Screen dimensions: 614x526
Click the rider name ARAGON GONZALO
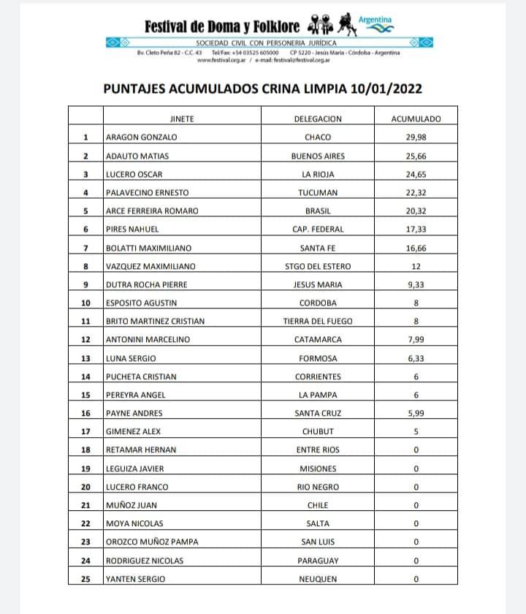(x=141, y=137)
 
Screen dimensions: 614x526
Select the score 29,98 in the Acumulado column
(x=415, y=137)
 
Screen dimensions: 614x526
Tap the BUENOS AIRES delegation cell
(x=317, y=156)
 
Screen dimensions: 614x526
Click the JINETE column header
(x=181, y=118)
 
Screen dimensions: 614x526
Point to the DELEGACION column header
(x=317, y=118)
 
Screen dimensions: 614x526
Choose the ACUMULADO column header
(x=415, y=118)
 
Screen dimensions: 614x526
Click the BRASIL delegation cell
(x=317, y=211)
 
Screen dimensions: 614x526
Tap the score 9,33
(x=415, y=284)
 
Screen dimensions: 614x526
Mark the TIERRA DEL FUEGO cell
(x=317, y=321)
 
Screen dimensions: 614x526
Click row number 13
(x=85, y=358)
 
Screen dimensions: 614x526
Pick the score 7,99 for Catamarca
(x=415, y=339)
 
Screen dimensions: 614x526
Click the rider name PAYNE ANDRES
(x=136, y=413)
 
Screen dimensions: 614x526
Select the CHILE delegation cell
(x=317, y=505)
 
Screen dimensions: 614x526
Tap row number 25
(x=85, y=579)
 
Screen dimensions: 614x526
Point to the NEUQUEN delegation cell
(x=317, y=579)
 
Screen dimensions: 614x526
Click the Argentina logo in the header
(x=376, y=25)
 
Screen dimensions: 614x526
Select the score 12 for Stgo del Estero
(x=415, y=266)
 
